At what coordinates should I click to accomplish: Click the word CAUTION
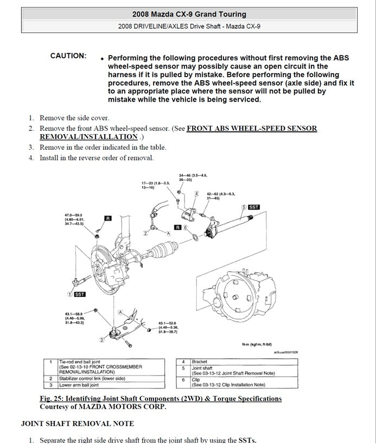point(68,56)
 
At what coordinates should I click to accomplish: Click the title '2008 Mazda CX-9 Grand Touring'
point(189,15)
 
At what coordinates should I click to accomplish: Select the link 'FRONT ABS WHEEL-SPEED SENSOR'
point(252,129)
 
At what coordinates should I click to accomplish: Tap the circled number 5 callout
point(244,207)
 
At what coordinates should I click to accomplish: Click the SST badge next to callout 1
point(80,294)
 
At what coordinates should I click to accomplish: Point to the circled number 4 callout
point(195,194)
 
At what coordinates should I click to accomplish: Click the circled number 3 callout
point(101,339)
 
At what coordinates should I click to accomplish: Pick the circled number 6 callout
point(185,227)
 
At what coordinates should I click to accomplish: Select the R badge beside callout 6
point(177,227)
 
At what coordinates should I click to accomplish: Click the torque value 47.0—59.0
point(74,216)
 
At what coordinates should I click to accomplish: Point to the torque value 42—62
point(220,193)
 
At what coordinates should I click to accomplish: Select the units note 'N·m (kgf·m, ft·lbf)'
point(257,344)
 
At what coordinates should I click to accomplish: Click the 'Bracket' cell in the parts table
point(200,361)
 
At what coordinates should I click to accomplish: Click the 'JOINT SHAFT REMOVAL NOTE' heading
point(77,423)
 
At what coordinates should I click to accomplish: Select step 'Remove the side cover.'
point(74,118)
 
